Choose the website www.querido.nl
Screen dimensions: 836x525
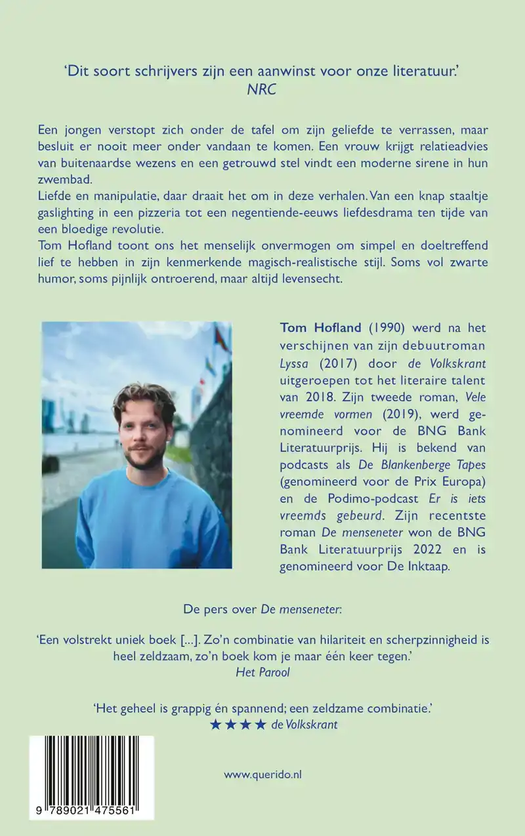[262, 774]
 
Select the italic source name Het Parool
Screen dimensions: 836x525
[262, 672]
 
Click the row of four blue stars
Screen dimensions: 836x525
[238, 725]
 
